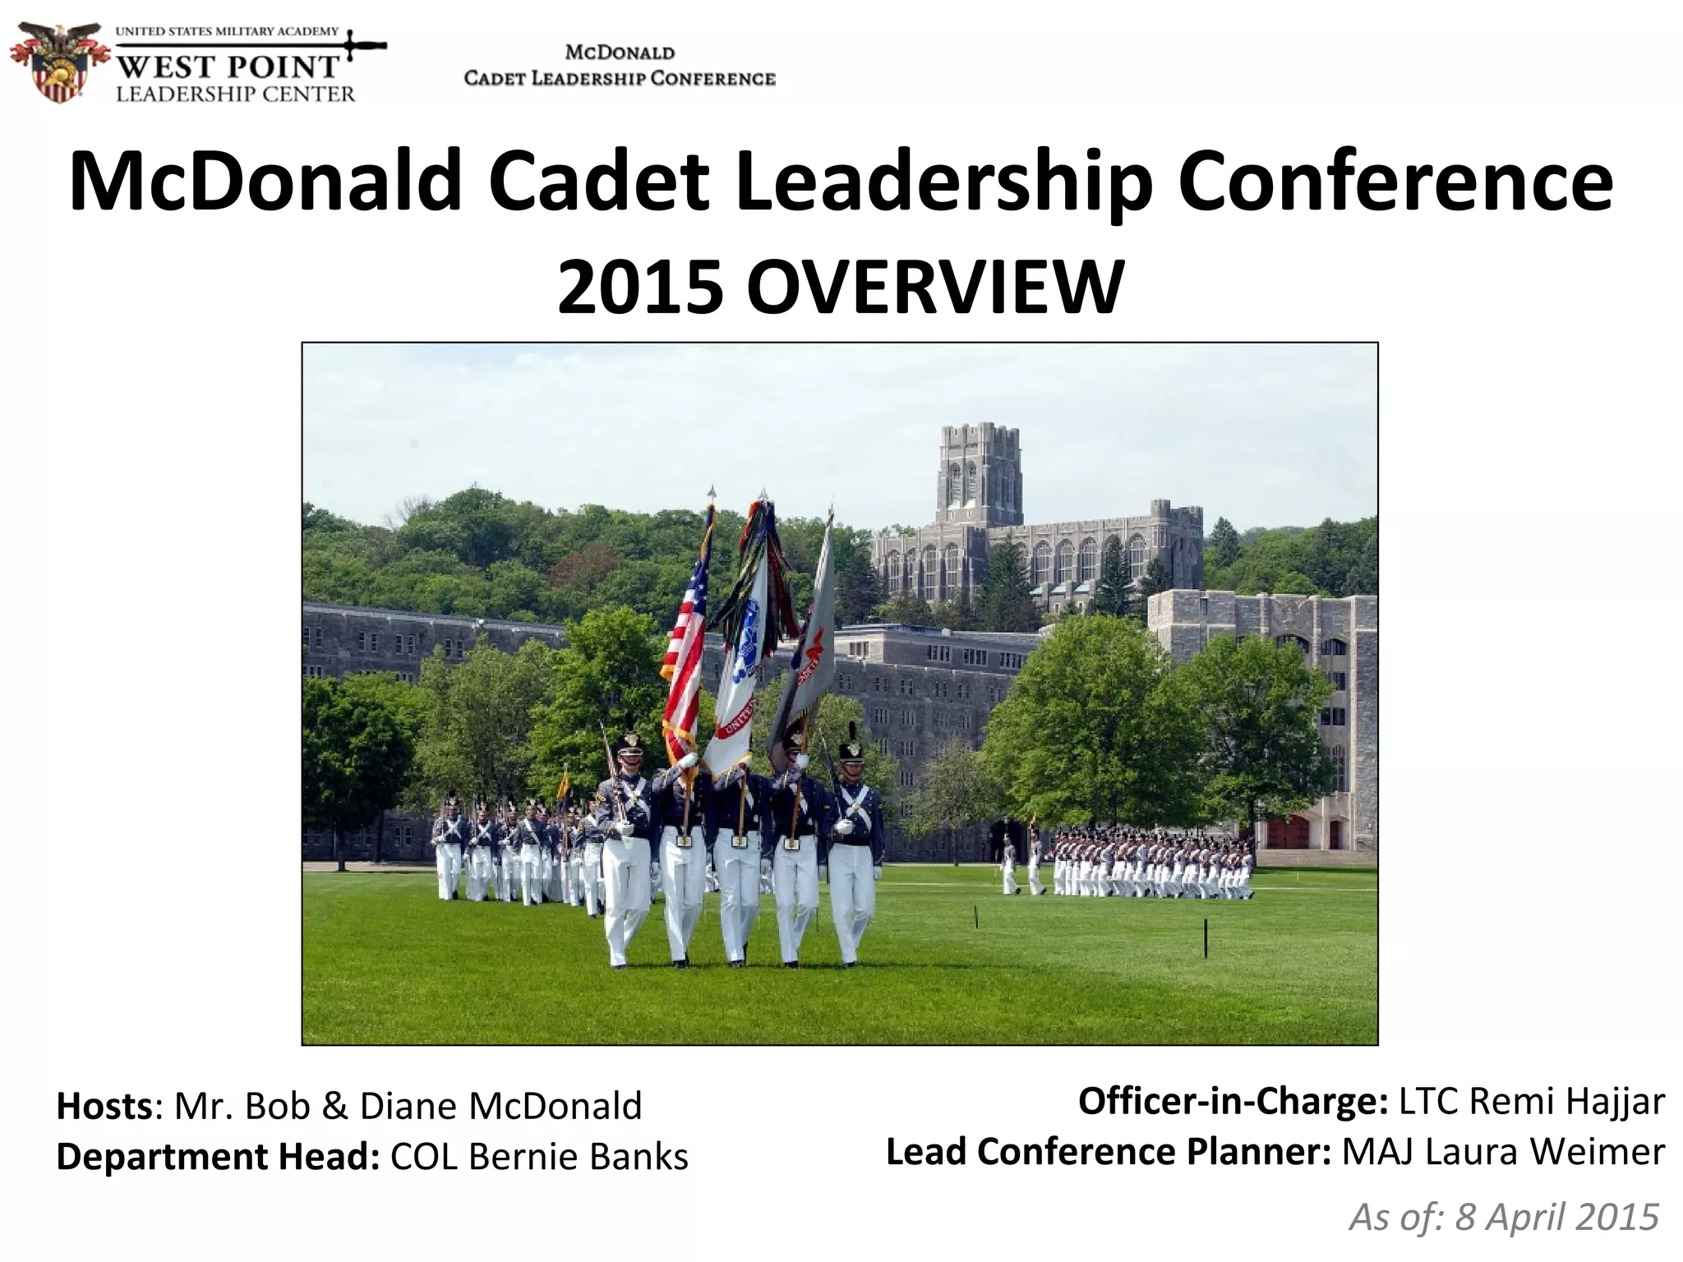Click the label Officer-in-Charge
coord(1233,1101)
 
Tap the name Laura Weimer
coord(1503,1152)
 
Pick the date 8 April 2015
coord(1556,1217)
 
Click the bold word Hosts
coord(104,1106)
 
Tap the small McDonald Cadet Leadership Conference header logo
coord(620,66)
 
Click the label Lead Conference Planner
coord(1108,1152)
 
